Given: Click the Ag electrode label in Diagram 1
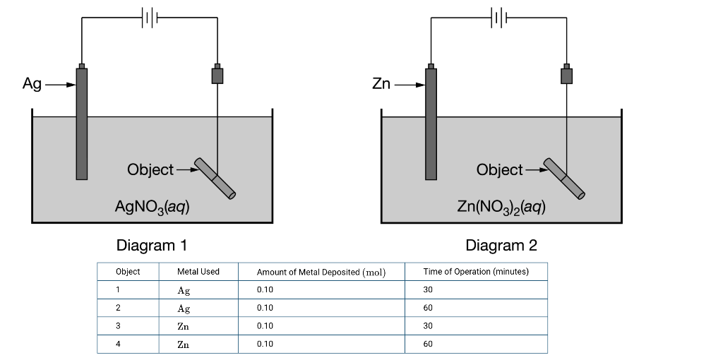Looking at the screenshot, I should (32, 84).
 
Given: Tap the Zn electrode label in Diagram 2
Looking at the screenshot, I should (381, 84).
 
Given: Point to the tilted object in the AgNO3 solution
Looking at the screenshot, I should (215, 177).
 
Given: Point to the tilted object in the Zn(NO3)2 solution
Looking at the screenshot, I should (564, 178).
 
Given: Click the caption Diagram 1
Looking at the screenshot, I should (152, 246).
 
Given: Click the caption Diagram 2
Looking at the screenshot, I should (501, 246).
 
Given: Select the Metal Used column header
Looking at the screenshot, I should (198, 272).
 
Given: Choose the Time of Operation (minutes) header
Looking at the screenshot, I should (475, 272).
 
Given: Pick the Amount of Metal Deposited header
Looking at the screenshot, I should (321, 272).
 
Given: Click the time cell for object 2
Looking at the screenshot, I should (428, 308).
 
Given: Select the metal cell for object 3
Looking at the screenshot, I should (184, 326).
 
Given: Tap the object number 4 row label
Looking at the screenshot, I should (118, 344).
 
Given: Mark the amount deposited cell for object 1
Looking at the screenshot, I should (265, 290).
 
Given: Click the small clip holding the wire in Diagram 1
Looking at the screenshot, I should (217, 75).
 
